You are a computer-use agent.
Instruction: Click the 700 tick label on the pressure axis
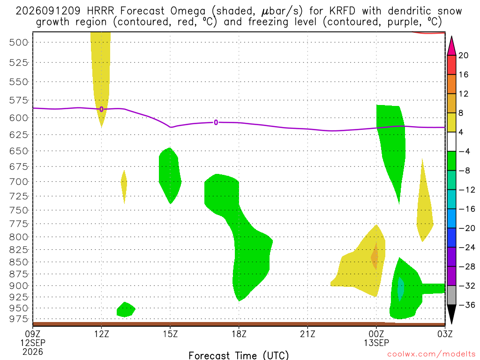[x=19, y=182]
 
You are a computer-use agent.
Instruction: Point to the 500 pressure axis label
[x=19, y=42]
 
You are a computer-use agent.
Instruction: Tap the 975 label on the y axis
[x=19, y=319]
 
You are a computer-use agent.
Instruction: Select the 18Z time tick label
[x=239, y=333]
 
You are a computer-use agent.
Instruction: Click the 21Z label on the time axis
[x=307, y=333]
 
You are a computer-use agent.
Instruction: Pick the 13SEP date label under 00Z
[x=376, y=343]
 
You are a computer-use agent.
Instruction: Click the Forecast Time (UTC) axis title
[x=239, y=355]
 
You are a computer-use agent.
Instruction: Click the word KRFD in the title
[x=342, y=11]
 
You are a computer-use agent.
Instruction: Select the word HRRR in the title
[x=100, y=11]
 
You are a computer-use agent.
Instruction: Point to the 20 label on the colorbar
[x=463, y=55]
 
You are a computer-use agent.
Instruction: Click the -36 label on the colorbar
[x=466, y=305]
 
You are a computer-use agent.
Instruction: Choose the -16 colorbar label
[x=466, y=209]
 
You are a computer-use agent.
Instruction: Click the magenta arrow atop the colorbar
[x=451, y=45]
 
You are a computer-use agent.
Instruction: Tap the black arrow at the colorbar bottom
[x=451, y=315]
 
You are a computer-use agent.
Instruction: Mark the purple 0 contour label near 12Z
[x=101, y=109]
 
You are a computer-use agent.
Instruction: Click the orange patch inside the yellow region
[x=375, y=256]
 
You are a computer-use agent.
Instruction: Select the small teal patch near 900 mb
[x=400, y=289]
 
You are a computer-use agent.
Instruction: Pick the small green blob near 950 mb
[x=126, y=309]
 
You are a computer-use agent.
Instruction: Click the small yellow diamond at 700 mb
[x=124, y=187]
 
